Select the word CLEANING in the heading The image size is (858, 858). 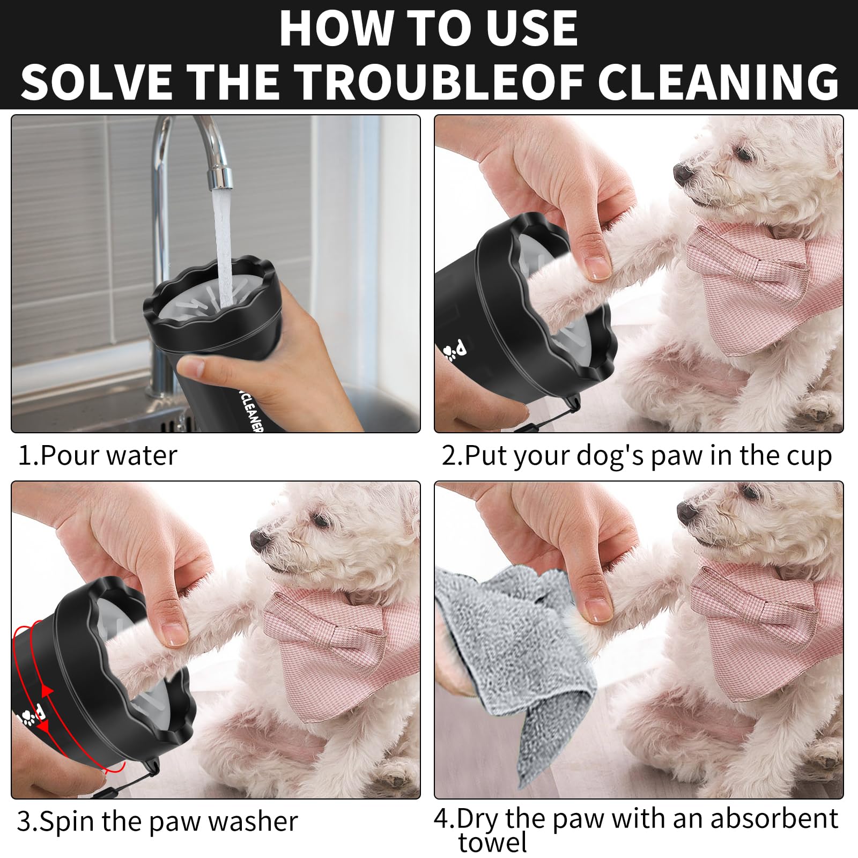pyautogui.click(x=718, y=82)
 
